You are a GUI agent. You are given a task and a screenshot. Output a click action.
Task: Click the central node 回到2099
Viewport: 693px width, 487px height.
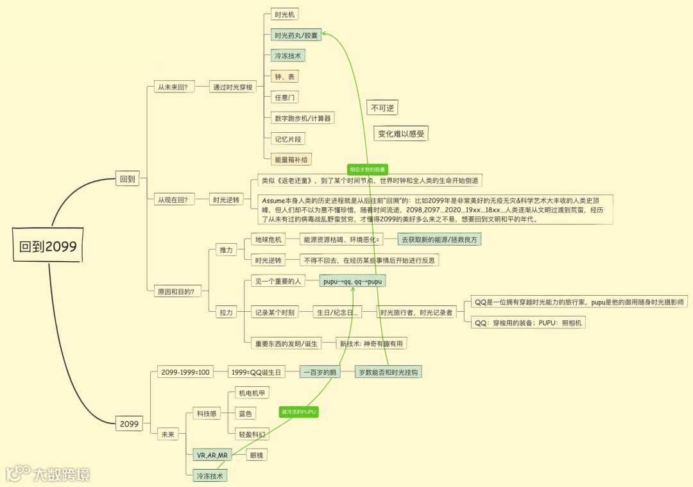click(49, 247)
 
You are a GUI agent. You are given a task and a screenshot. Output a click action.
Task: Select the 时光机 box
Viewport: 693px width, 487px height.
click(283, 14)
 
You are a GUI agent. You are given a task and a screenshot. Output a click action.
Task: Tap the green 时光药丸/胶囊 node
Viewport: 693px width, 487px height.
click(294, 35)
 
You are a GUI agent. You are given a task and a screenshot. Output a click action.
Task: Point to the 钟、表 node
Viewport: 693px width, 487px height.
click(284, 76)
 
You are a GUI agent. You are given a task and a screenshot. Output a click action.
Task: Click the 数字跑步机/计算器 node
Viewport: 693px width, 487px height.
click(302, 118)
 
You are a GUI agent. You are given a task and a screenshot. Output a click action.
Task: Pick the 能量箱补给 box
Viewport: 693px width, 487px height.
click(291, 159)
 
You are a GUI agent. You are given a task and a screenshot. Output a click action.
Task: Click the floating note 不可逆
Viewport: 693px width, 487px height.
click(382, 108)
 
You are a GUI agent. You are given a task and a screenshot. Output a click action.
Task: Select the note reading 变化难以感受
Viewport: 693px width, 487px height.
click(401, 133)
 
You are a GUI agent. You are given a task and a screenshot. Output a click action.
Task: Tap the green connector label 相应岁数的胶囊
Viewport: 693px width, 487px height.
click(367, 169)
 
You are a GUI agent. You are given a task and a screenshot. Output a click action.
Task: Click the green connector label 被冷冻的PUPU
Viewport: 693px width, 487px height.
click(299, 411)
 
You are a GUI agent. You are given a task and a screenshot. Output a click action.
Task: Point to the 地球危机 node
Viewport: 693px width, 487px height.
click(268, 239)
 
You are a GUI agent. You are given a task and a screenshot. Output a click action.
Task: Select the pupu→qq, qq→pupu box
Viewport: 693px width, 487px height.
click(352, 280)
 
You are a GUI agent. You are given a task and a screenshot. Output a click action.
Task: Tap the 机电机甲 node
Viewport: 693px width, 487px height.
click(252, 393)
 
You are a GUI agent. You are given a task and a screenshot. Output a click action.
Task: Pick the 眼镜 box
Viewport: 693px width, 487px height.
click(257, 455)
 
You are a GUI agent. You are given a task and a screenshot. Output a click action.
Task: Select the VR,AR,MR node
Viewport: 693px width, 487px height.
click(210, 455)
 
